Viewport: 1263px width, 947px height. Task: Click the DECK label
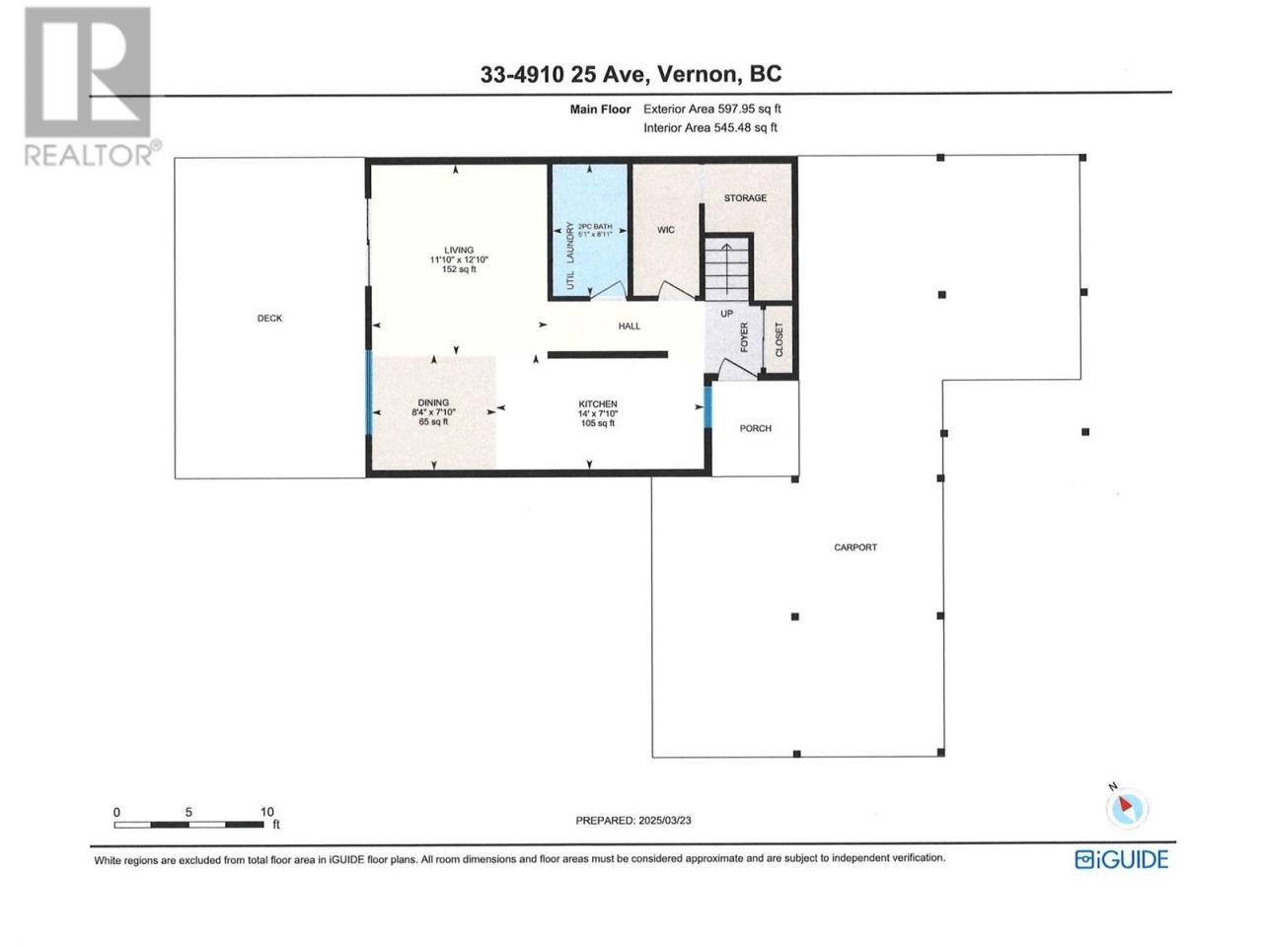(x=269, y=318)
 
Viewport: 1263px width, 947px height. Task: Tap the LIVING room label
(x=459, y=251)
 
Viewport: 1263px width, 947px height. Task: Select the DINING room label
(x=433, y=402)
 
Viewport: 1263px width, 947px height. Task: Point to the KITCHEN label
(x=598, y=404)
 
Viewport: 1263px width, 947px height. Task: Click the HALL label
(x=629, y=326)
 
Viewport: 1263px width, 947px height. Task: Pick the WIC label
(x=666, y=230)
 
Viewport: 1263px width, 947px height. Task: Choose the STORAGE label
(x=745, y=198)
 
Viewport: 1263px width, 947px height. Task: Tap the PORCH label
(x=755, y=428)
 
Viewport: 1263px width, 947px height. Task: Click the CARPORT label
(x=855, y=547)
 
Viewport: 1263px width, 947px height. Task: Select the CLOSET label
(x=779, y=339)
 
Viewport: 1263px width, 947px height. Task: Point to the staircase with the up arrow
(x=727, y=268)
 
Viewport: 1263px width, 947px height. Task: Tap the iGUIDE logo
(x=1122, y=859)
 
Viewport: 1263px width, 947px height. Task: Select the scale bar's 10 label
(x=267, y=812)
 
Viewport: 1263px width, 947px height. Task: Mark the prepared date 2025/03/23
(x=665, y=821)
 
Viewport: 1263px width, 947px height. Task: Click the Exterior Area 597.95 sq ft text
(x=711, y=109)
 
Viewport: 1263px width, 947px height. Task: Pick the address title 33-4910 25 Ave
(x=564, y=74)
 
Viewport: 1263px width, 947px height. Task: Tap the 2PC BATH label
(x=594, y=227)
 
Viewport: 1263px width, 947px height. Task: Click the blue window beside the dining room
(x=369, y=393)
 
